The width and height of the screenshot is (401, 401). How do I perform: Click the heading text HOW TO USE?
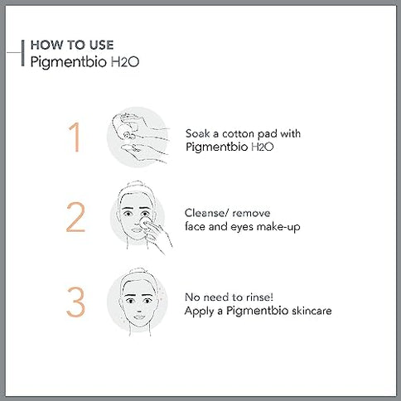pyautogui.click(x=72, y=45)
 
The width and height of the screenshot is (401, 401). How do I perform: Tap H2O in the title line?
pyautogui.click(x=115, y=61)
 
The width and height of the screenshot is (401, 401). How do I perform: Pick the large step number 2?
pyautogui.click(x=75, y=219)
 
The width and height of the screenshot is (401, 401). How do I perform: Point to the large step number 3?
pyautogui.click(x=75, y=302)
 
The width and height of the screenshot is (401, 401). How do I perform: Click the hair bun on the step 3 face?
pyautogui.click(x=133, y=273)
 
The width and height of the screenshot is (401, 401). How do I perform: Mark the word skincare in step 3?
pyautogui.click(x=306, y=311)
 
